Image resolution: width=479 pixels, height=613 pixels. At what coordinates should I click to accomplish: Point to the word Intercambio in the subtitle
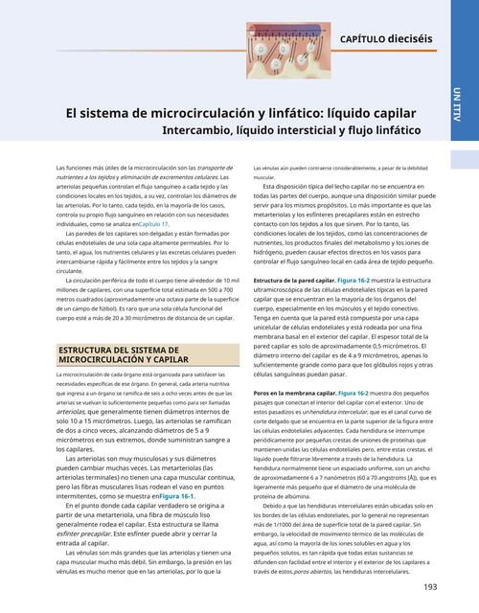[x=205, y=127]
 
